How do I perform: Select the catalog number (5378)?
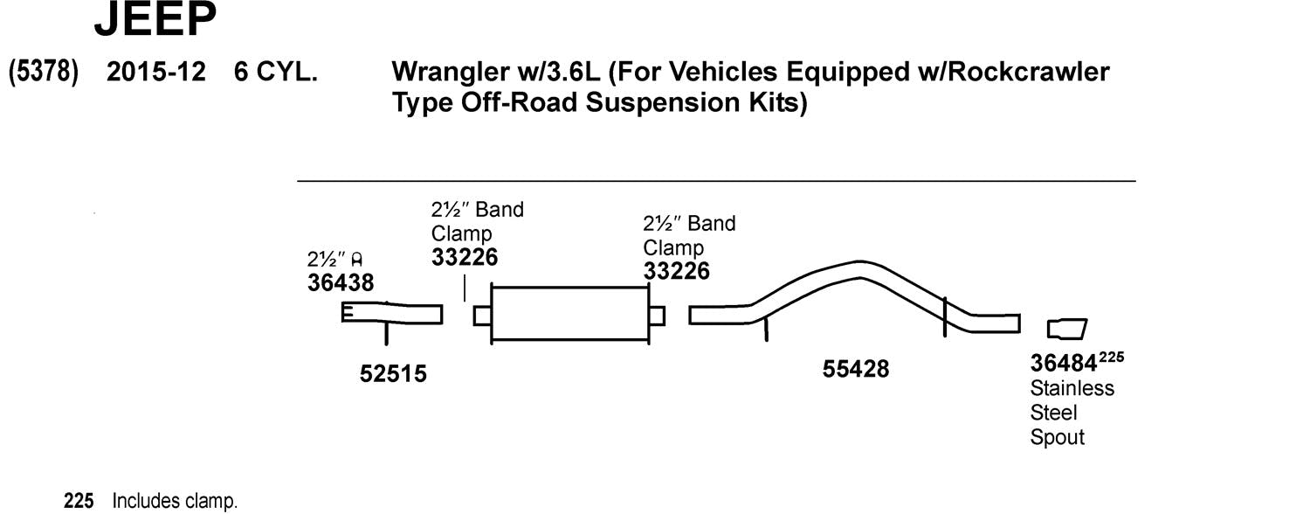tap(44, 72)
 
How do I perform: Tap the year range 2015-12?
tap(155, 72)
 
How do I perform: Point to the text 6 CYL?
tap(275, 72)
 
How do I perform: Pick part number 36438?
tap(341, 283)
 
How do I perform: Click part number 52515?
tap(393, 374)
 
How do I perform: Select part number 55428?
tap(856, 370)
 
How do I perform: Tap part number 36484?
tap(1063, 363)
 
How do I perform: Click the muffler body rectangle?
tap(569, 315)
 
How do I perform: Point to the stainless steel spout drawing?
tap(1067, 330)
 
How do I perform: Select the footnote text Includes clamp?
tap(174, 502)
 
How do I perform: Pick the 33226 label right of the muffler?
tap(677, 271)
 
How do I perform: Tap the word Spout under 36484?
tap(1057, 437)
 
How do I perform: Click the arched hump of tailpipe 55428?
tap(860, 268)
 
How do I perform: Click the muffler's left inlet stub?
tap(482, 316)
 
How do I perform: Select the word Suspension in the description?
tap(658, 103)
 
